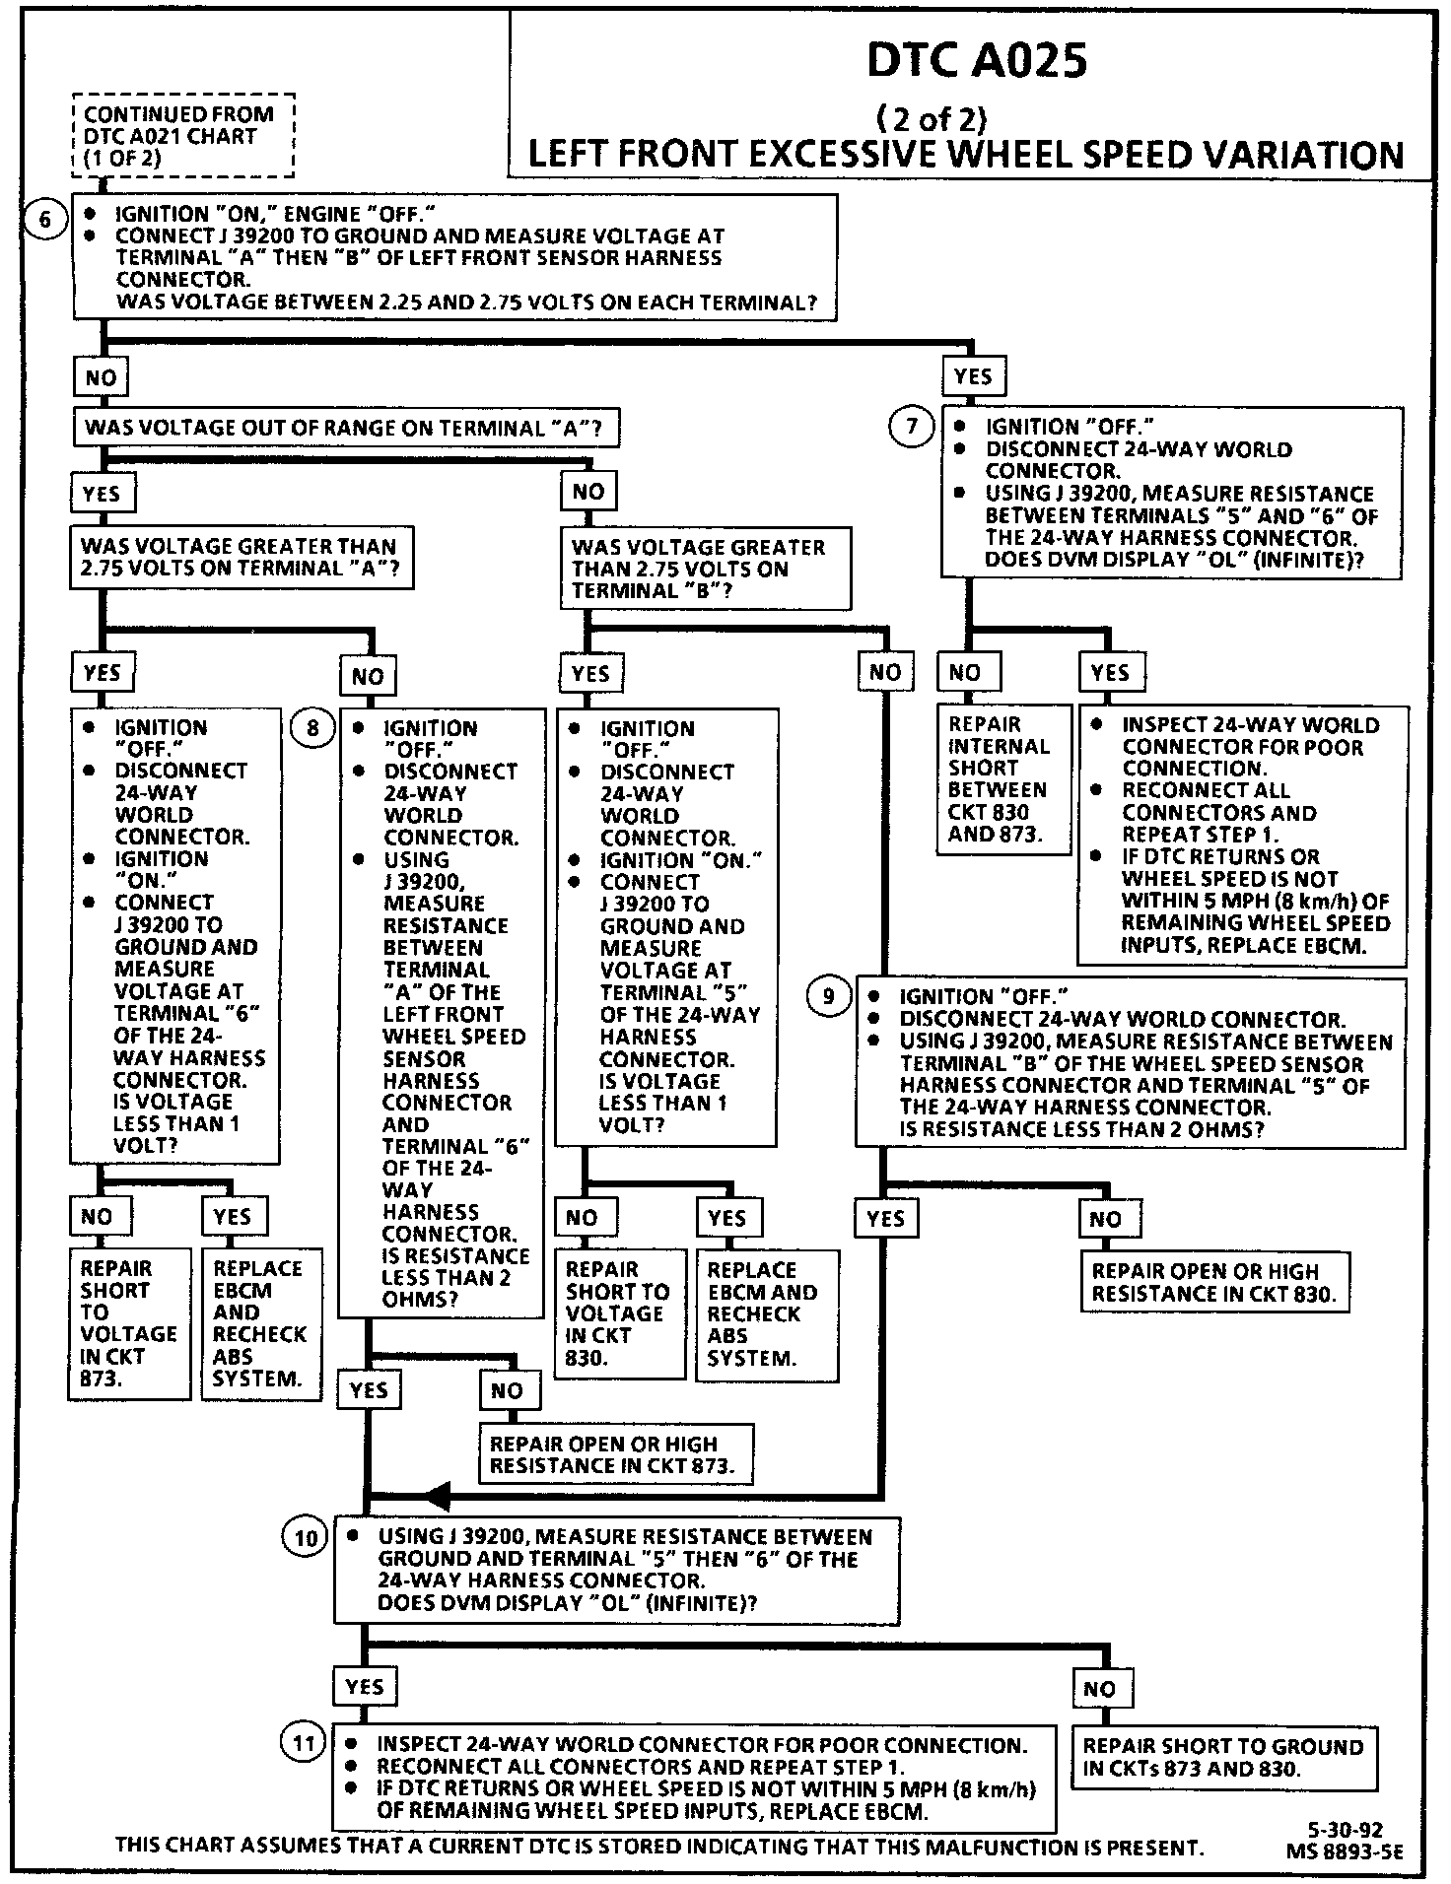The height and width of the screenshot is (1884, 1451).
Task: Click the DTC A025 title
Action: point(976,61)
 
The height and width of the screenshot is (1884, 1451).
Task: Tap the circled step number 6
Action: point(45,219)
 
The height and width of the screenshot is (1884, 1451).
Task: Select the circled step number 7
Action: point(912,427)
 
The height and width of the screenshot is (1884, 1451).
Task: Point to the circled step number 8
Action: point(313,729)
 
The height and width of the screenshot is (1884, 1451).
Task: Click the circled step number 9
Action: point(829,997)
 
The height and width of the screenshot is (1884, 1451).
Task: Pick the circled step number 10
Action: point(307,1538)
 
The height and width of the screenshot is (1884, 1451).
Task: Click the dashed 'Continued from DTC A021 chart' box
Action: point(183,136)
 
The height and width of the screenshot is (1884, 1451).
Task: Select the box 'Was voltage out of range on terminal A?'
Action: point(346,429)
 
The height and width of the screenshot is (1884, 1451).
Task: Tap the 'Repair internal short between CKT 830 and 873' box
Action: point(1002,779)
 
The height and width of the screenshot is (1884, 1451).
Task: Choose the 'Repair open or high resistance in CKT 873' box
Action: point(616,1454)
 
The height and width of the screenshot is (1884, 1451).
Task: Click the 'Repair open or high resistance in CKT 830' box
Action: point(1215,1282)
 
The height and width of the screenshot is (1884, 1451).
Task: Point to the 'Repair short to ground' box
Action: point(1223,1757)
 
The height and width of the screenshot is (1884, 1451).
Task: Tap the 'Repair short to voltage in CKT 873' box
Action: point(128,1323)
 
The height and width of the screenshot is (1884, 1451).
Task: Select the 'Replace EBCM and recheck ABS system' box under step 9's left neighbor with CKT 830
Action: point(766,1314)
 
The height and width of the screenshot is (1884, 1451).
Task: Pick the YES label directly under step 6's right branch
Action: point(973,376)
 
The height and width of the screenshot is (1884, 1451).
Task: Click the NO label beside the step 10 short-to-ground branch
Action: point(1100,1689)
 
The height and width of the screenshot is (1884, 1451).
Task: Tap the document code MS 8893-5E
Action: point(1344,1851)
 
